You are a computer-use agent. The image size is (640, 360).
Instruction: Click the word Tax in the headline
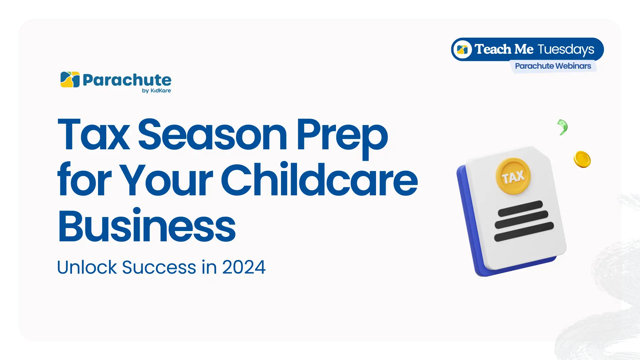tap(94, 134)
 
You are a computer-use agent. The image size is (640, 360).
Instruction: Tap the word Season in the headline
tap(213, 134)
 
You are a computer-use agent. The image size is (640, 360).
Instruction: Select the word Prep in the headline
tap(342, 139)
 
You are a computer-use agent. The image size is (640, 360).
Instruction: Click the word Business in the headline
tap(147, 225)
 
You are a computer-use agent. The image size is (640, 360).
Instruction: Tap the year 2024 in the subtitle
tap(244, 267)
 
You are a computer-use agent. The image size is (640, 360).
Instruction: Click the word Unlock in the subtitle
tap(87, 267)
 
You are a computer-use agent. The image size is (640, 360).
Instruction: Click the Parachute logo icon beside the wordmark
tap(70, 79)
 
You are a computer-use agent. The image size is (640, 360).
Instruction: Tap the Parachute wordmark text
tap(127, 80)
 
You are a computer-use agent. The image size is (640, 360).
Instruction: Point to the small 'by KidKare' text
tap(156, 91)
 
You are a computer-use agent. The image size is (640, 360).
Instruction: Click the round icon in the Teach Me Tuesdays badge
tap(462, 49)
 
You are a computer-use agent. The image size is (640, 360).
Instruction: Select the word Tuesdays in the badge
tap(566, 49)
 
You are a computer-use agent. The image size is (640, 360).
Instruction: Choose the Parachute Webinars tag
tap(553, 66)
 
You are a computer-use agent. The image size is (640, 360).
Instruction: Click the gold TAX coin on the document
tap(513, 176)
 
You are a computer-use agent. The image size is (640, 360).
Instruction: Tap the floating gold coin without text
tap(582, 159)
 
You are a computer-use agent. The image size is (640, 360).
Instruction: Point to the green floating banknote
tap(563, 127)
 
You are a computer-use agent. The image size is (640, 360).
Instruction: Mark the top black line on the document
tap(520, 208)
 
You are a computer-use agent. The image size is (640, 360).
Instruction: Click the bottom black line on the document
tap(524, 232)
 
